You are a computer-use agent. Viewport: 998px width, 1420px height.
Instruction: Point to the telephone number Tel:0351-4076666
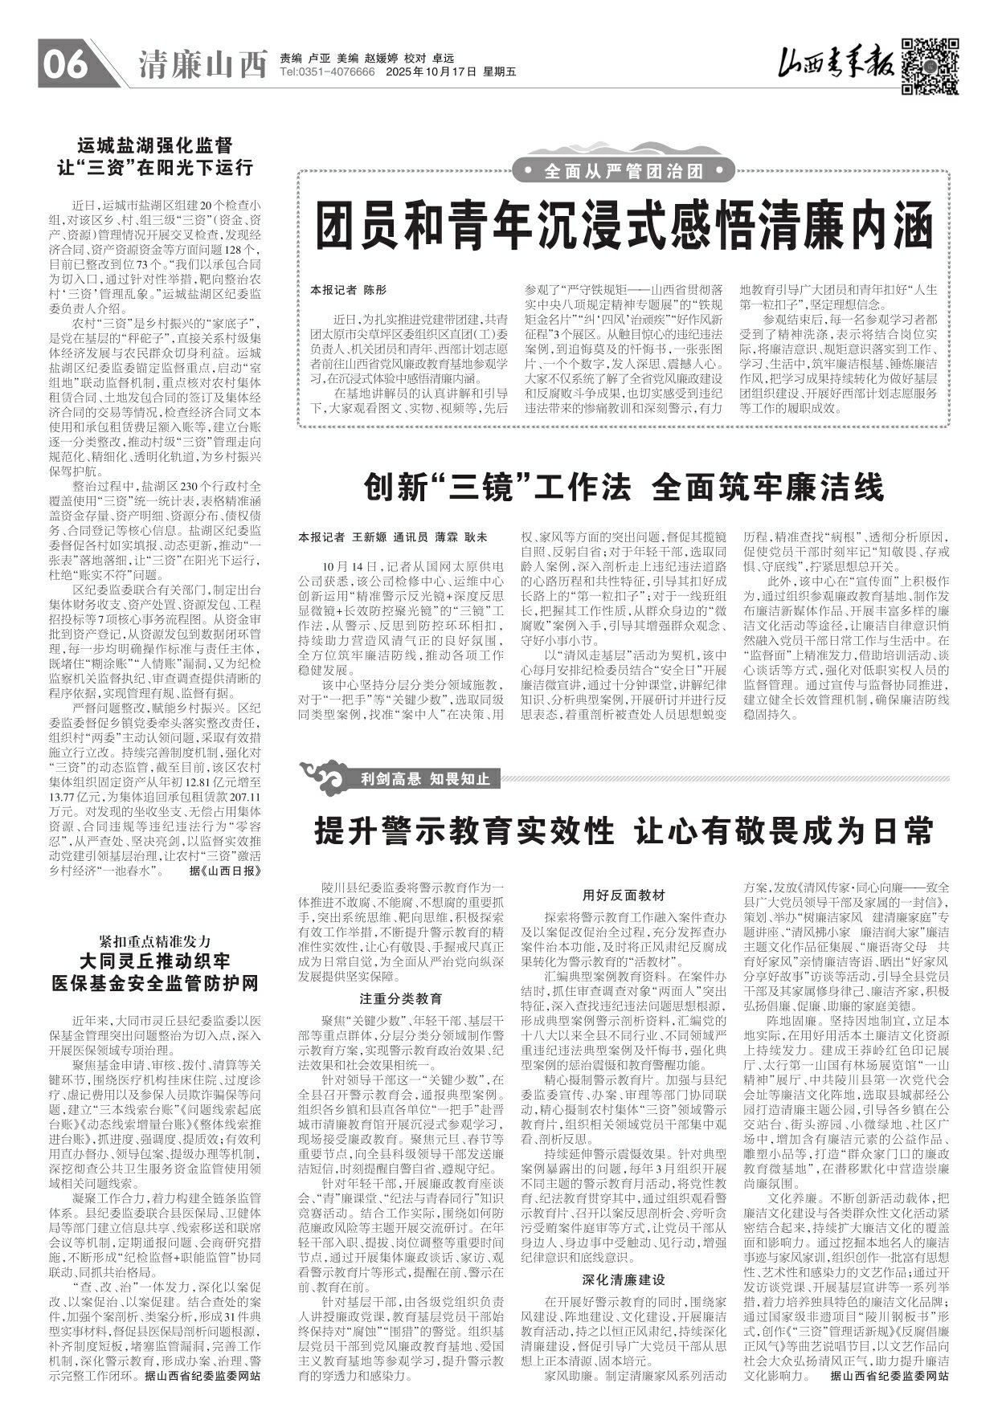(328, 72)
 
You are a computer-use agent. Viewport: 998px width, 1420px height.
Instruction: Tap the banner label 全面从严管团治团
(624, 171)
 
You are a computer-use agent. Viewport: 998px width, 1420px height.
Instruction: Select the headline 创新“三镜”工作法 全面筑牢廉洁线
(624, 488)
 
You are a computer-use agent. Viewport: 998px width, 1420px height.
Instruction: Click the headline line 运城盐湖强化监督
(154, 146)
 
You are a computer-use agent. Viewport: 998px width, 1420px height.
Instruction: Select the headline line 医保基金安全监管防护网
(154, 982)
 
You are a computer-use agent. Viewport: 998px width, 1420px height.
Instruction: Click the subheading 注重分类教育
(401, 999)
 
